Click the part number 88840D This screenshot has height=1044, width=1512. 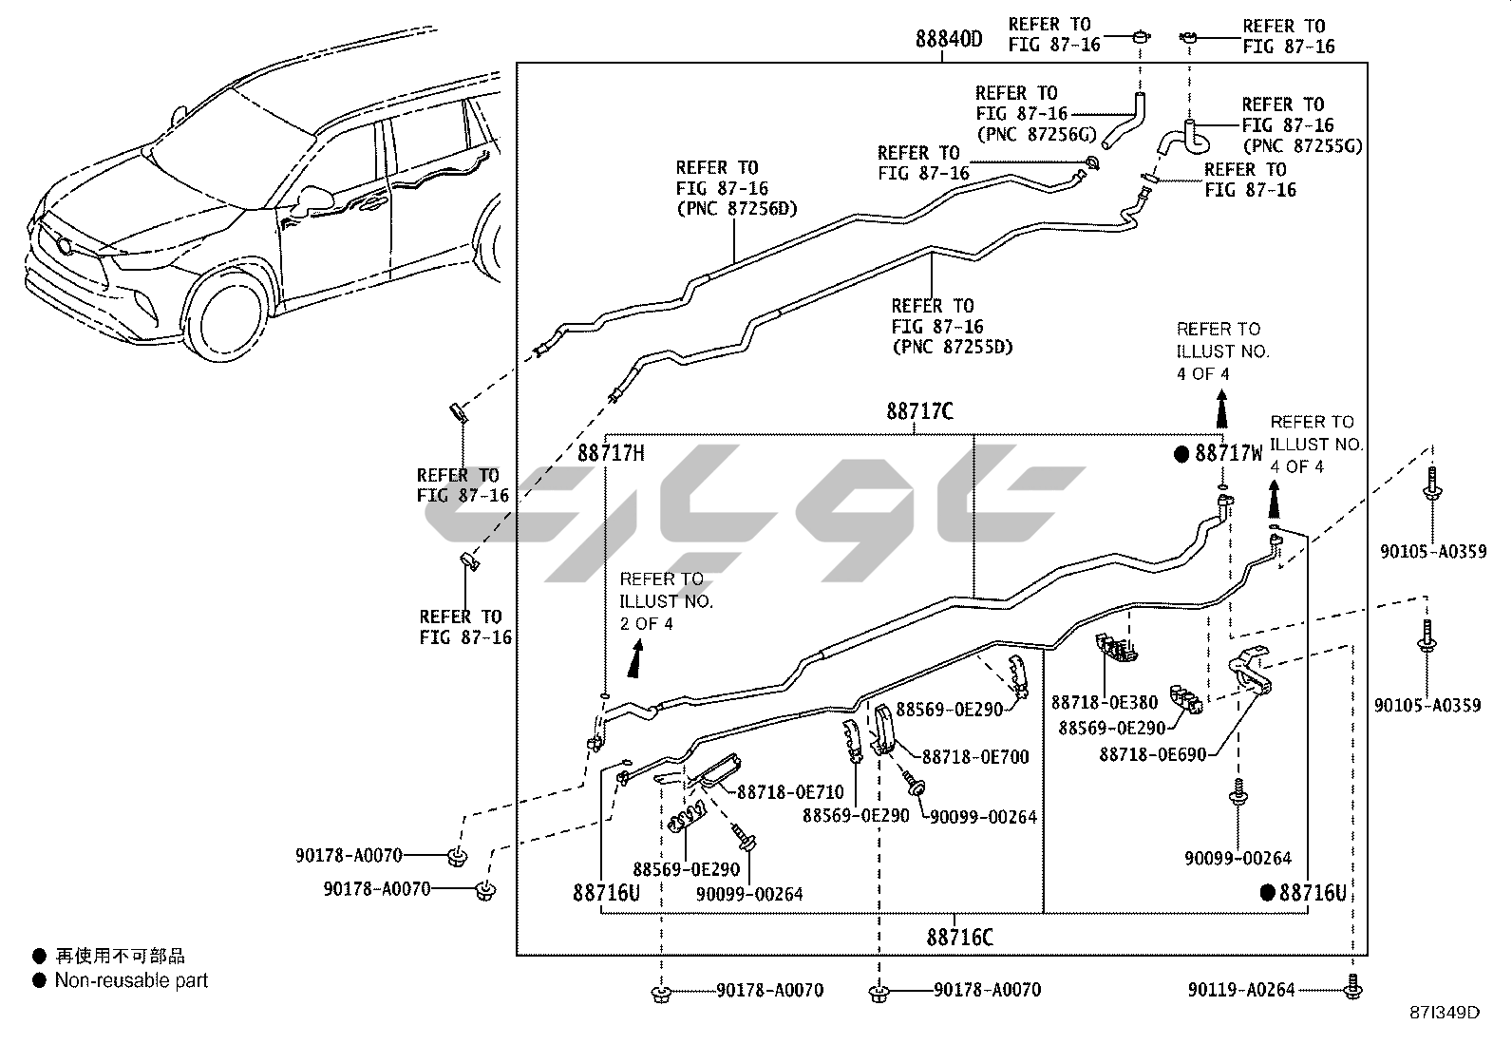(948, 40)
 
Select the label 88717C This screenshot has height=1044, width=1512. (919, 411)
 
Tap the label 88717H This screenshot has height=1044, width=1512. (611, 453)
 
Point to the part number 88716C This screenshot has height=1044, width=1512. (959, 937)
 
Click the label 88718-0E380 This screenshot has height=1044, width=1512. (1104, 703)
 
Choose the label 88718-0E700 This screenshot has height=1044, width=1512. (975, 757)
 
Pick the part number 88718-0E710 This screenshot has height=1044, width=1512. (790, 791)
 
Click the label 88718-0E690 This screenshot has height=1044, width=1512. (1152, 755)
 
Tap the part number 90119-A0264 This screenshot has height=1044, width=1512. (1240, 990)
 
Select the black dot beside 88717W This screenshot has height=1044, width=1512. (1181, 454)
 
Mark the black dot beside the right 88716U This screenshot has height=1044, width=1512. (1267, 892)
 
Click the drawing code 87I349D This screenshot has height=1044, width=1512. (1446, 1012)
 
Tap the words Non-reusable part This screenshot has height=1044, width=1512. (131, 980)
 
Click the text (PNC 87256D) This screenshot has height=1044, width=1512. (737, 209)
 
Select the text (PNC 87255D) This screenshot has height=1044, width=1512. (952, 347)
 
